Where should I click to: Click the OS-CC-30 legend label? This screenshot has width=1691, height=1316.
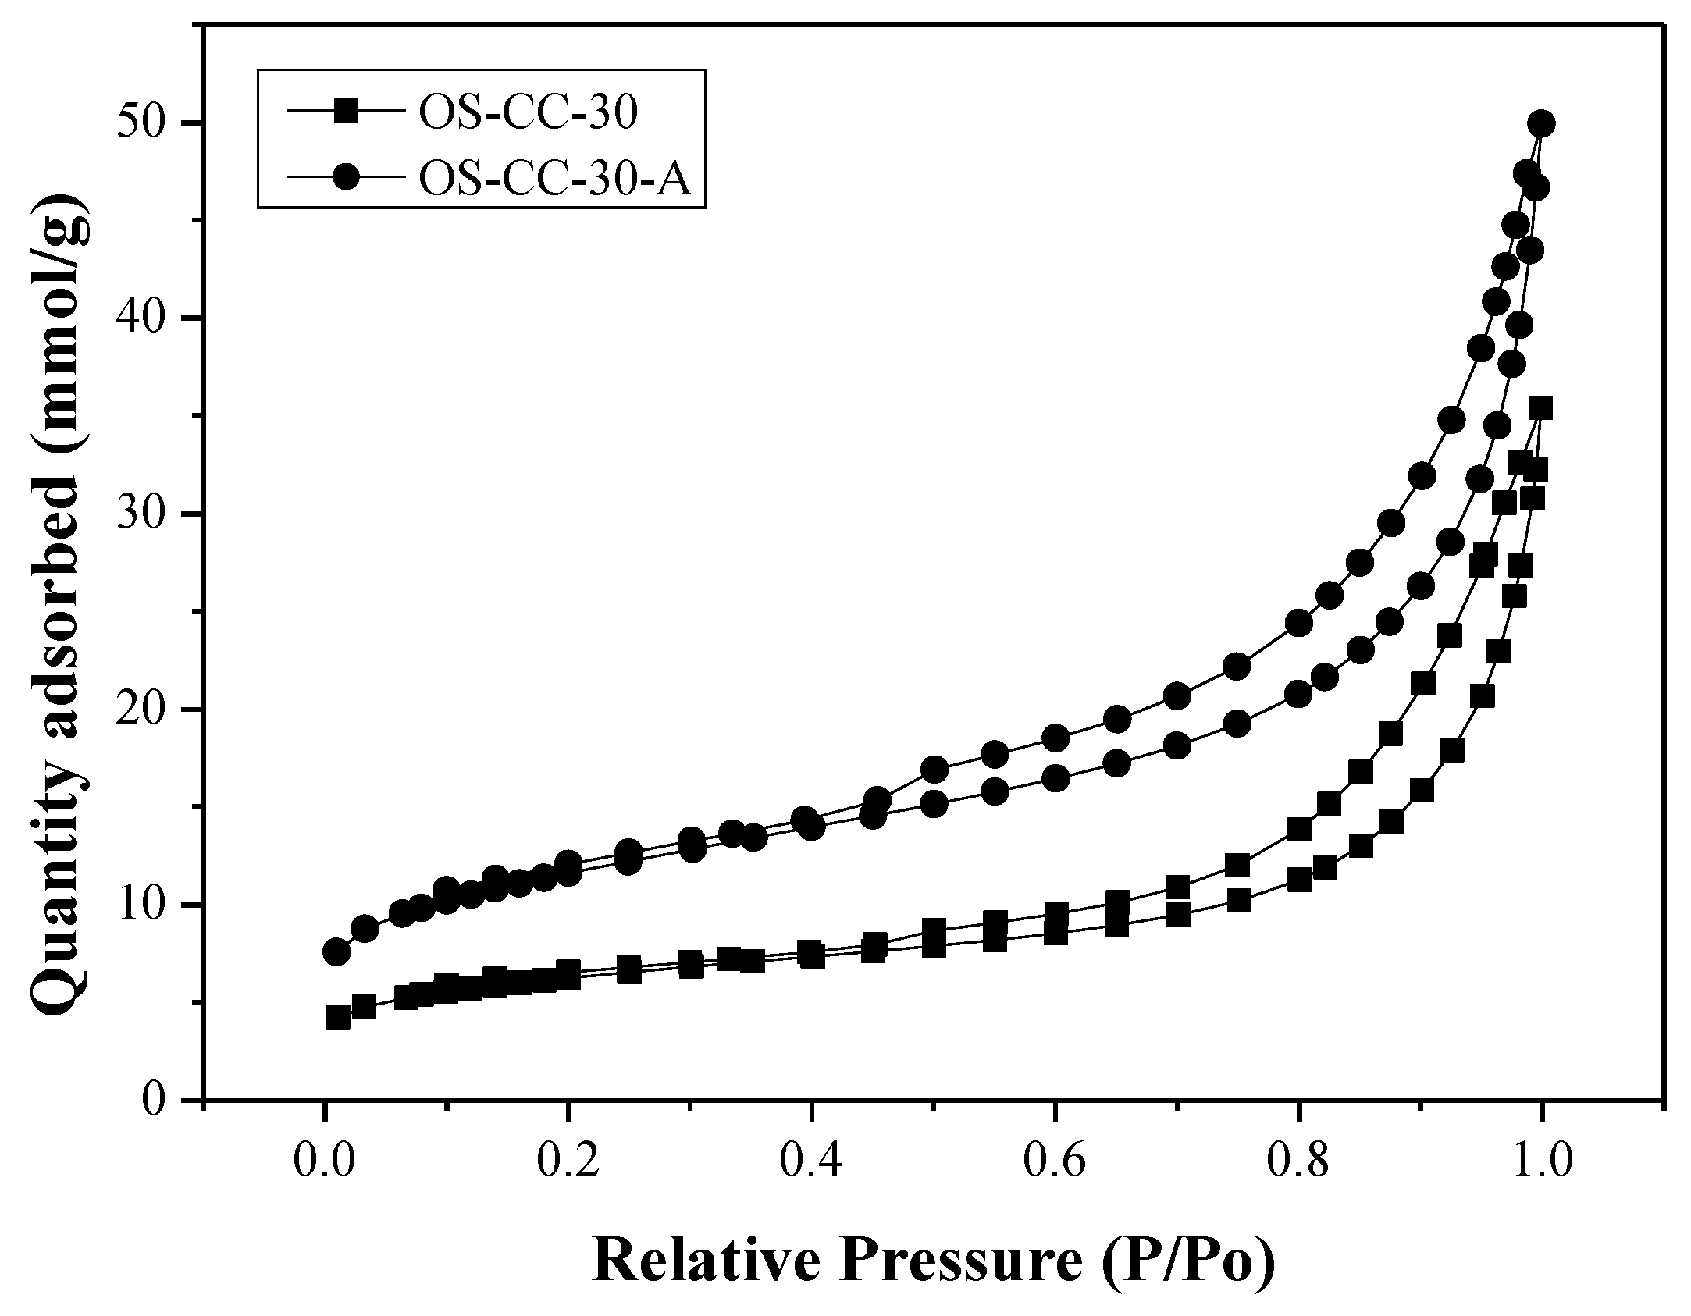coord(529,114)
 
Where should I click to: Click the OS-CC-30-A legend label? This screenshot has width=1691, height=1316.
coord(556,178)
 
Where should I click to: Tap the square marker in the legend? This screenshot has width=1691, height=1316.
coord(347,112)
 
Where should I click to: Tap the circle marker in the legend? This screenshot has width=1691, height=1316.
coord(347,177)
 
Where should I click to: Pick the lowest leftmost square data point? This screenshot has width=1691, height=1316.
coord(337,1017)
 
